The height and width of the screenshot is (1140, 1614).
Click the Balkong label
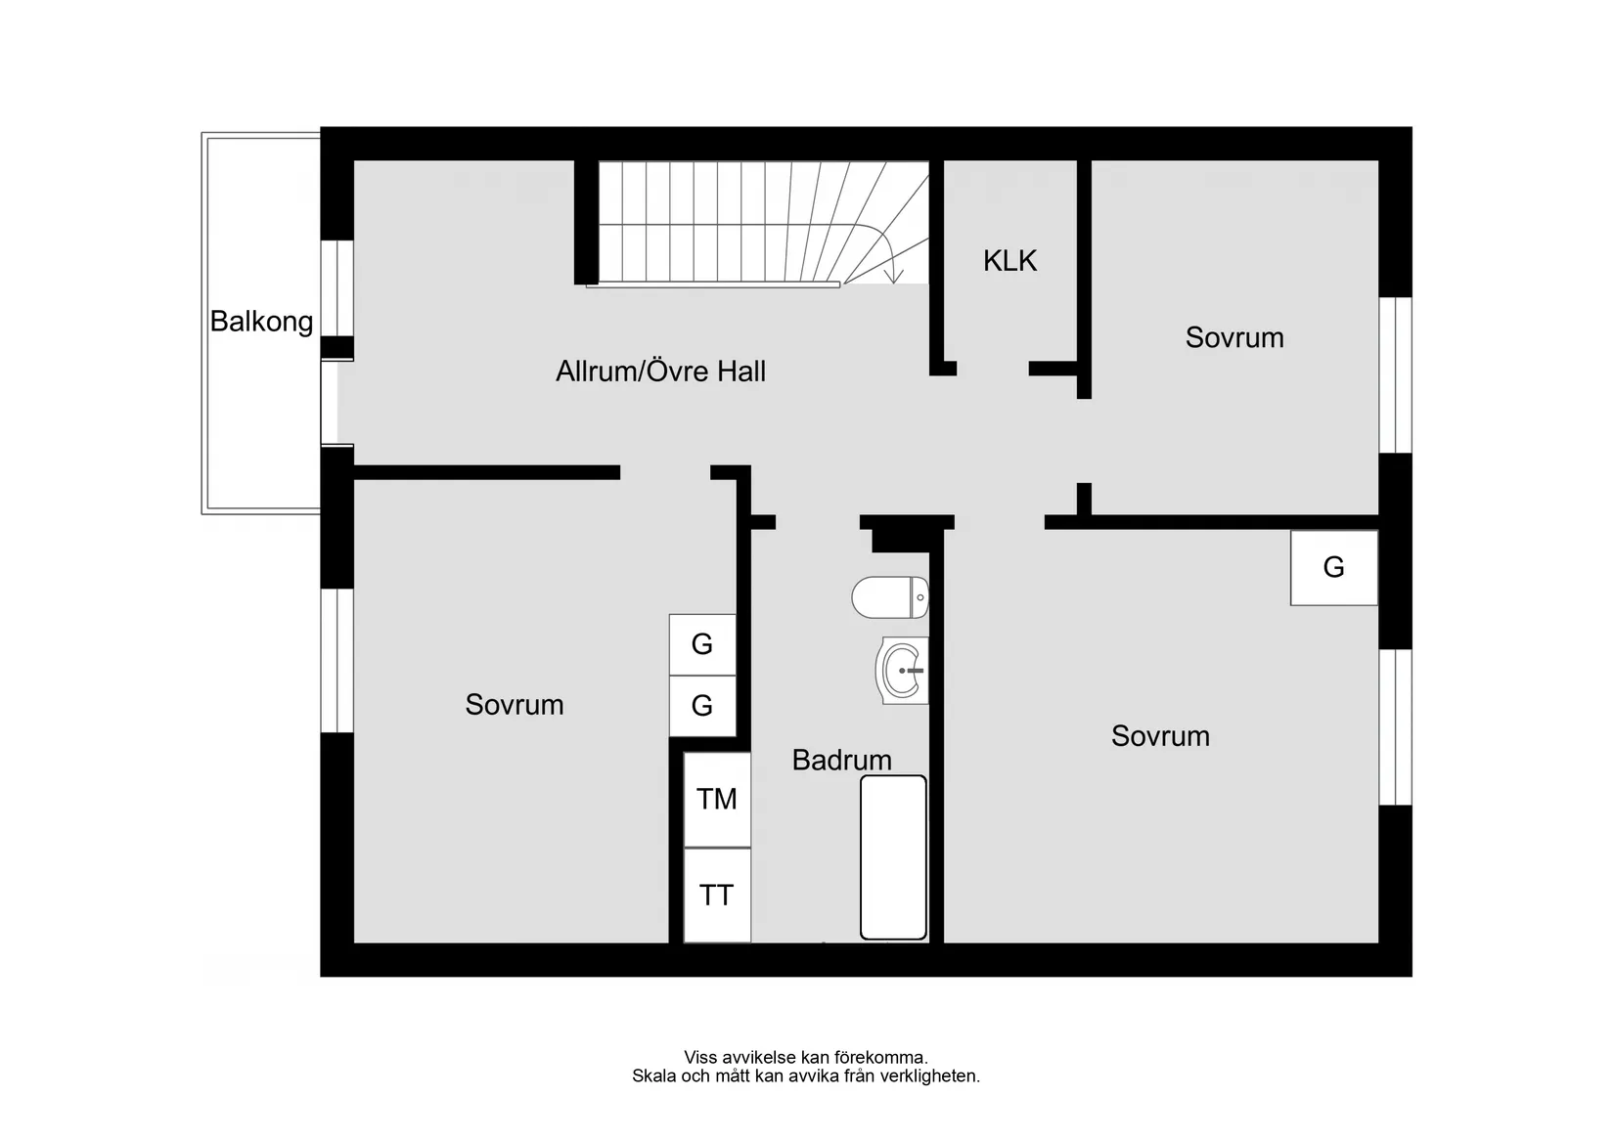[261, 322]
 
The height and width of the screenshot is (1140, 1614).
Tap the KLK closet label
[1009, 261]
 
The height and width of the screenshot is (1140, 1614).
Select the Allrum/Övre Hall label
[660, 372]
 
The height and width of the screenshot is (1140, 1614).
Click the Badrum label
[841, 760]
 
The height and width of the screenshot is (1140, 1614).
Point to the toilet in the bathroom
[889, 597]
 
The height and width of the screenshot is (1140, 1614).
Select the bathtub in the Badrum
[893, 857]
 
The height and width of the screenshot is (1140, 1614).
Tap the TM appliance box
[717, 800]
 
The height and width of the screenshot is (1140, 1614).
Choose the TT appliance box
[717, 896]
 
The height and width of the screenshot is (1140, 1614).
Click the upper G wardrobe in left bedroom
[702, 644]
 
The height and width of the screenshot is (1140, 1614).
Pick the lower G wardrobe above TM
[702, 706]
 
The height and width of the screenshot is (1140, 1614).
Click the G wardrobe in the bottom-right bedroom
[1334, 568]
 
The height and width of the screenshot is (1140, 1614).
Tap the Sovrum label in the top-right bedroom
[1234, 338]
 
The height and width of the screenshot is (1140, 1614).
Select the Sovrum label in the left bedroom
[515, 705]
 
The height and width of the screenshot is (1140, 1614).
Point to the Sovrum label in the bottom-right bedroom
[1160, 736]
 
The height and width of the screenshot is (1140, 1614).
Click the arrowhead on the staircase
[893, 278]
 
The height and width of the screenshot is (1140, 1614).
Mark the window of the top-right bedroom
[1396, 374]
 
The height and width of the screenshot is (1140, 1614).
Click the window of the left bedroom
[337, 660]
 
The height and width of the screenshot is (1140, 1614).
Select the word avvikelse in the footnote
[759, 1057]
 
